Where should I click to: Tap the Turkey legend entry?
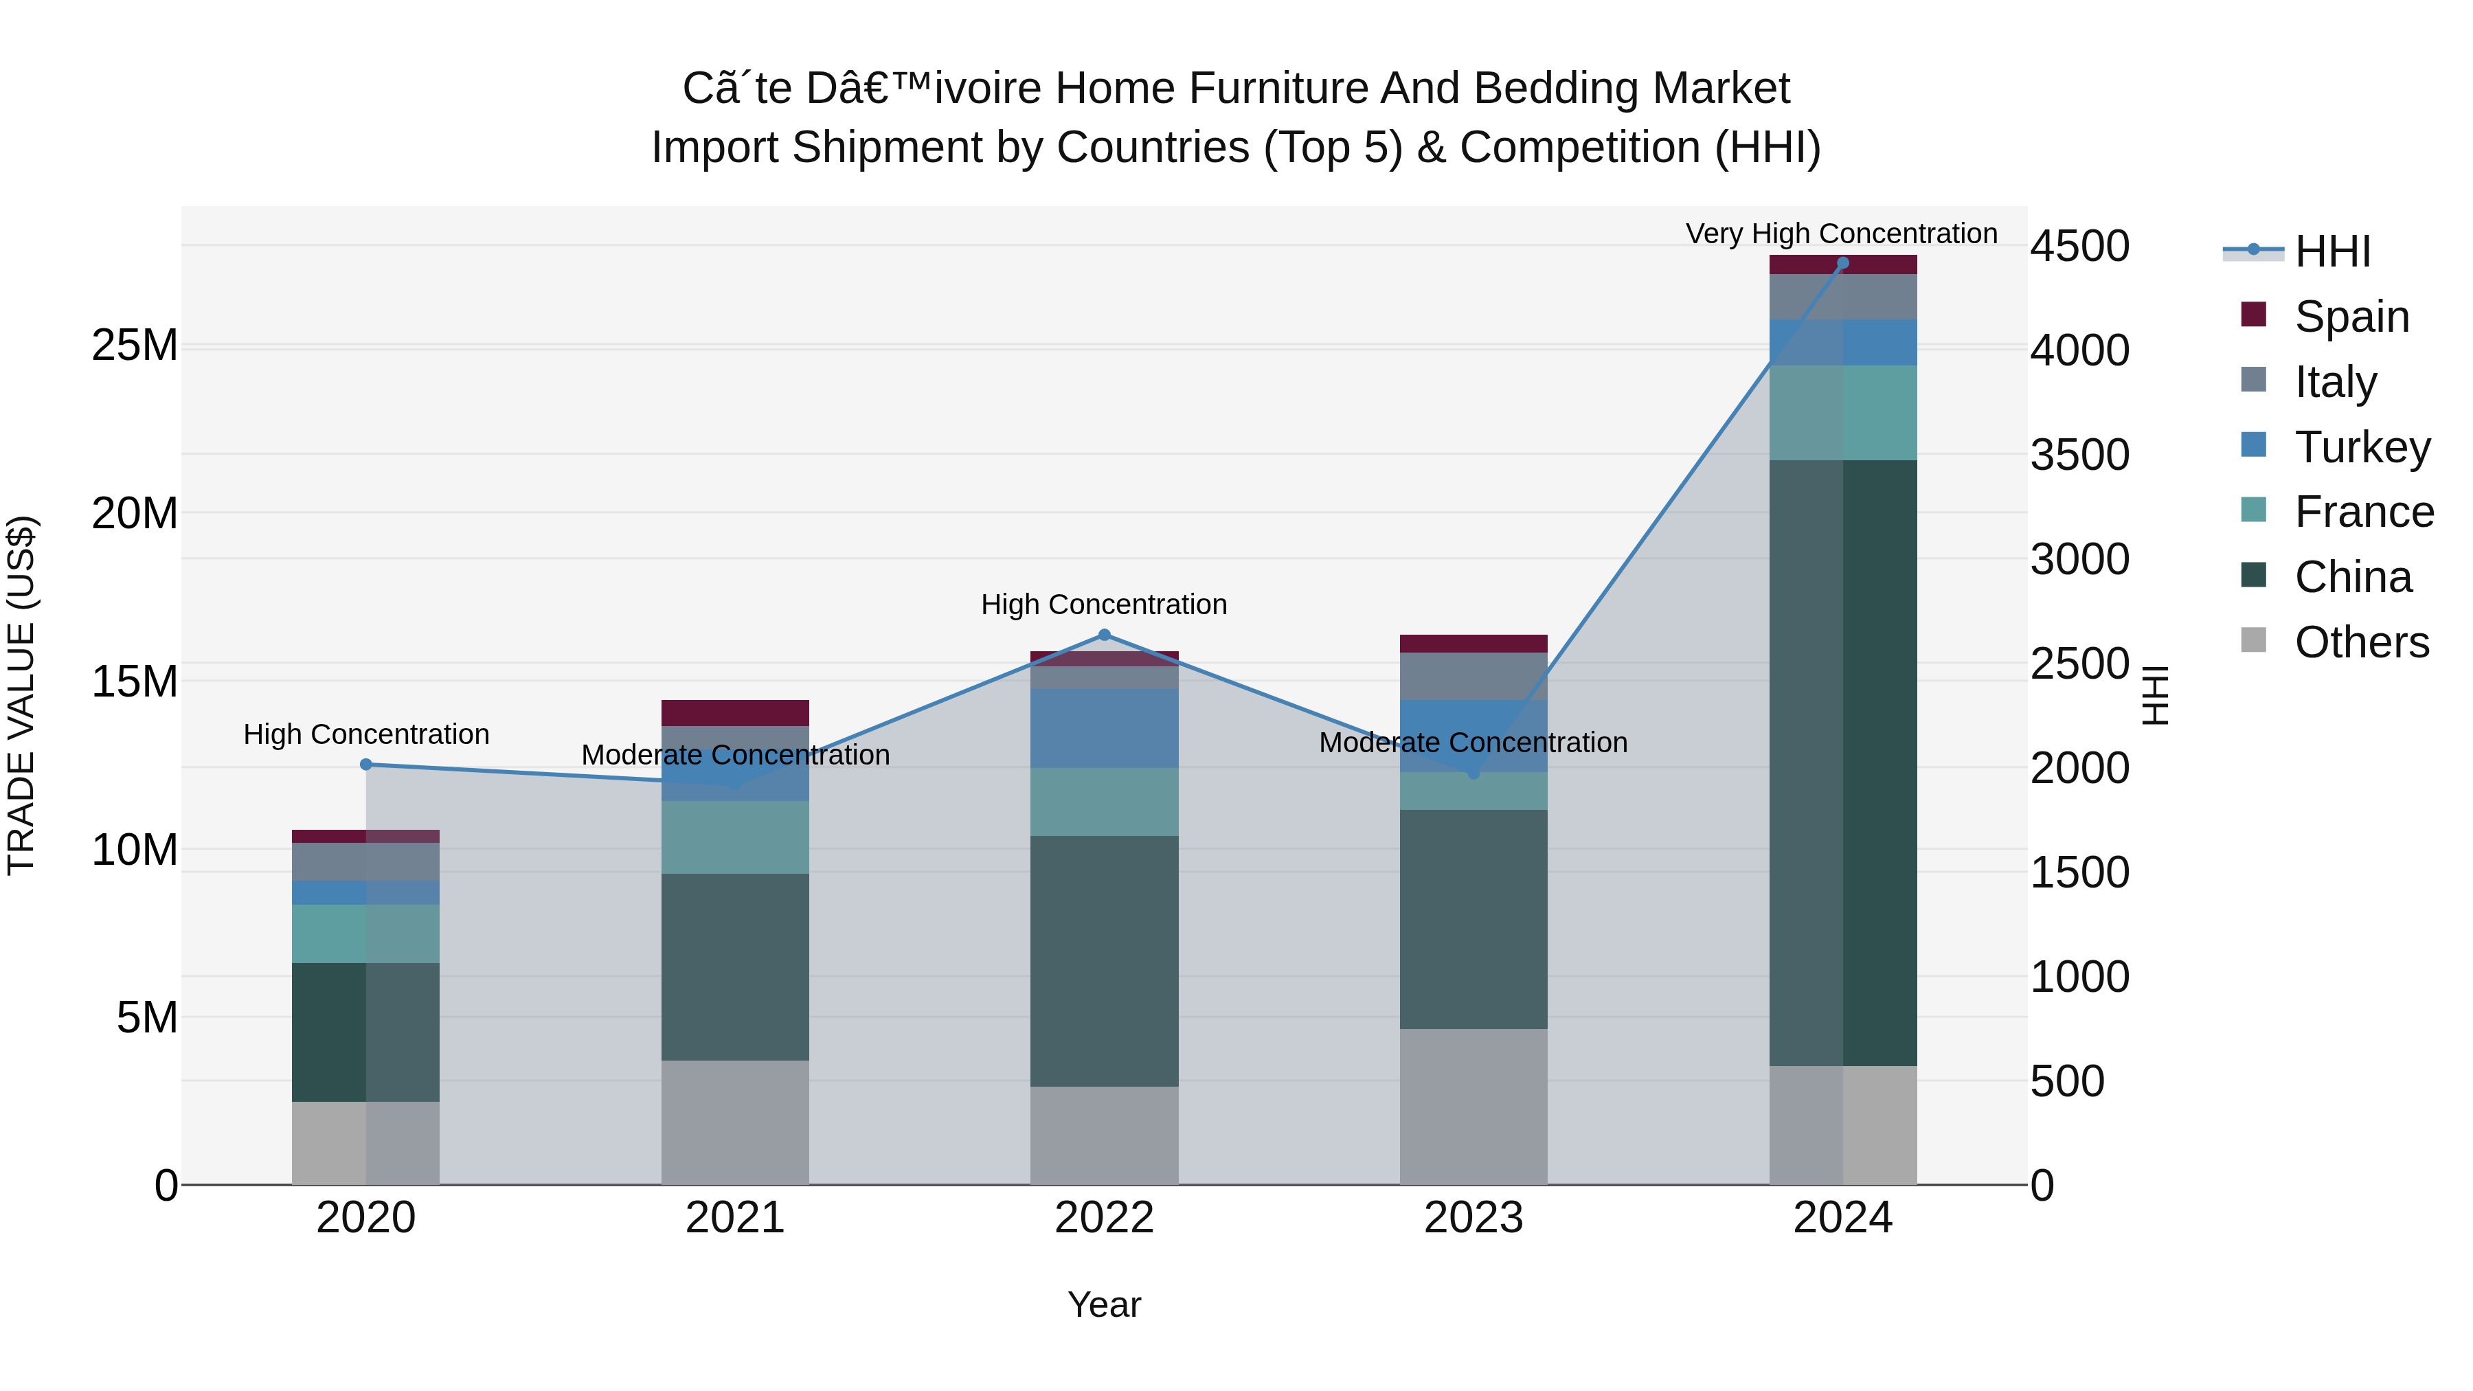click(x=2362, y=447)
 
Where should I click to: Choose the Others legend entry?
click(x=2360, y=642)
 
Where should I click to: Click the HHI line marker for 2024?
click(x=1842, y=263)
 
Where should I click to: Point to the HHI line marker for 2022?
click(x=1104, y=635)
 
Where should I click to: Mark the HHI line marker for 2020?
click(x=365, y=764)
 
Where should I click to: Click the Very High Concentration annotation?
click(x=1840, y=234)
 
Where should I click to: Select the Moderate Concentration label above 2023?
click(x=1473, y=742)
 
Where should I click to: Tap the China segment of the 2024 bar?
click(x=1842, y=762)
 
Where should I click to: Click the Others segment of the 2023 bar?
click(x=1473, y=1106)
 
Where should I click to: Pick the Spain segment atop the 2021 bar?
click(x=734, y=712)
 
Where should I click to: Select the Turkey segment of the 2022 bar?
click(x=1104, y=727)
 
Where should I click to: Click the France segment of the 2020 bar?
click(x=365, y=933)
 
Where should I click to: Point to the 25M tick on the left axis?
click(x=135, y=346)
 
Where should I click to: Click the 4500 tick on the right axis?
click(x=2079, y=247)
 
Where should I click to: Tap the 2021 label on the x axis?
click(x=734, y=1218)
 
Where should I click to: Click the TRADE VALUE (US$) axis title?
click(x=21, y=695)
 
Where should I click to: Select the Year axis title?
click(x=1104, y=1304)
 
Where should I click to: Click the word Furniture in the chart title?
click(x=1258, y=89)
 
